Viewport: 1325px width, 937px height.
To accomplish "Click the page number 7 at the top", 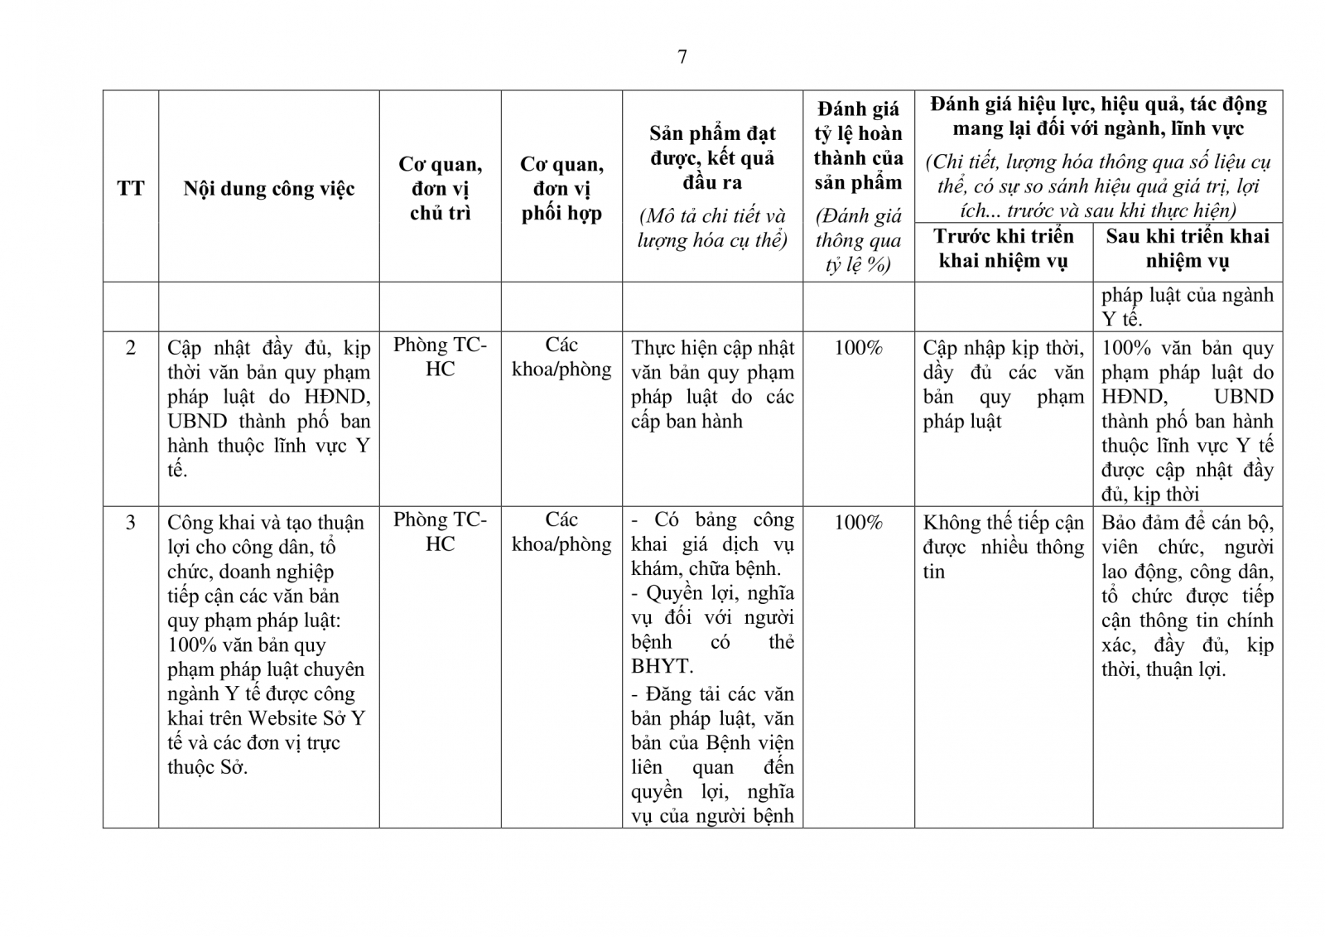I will [682, 57].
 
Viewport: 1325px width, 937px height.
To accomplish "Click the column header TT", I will [130, 188].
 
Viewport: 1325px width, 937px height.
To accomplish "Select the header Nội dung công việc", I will [268, 189].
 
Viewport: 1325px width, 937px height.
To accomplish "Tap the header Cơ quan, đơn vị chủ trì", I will [440, 189].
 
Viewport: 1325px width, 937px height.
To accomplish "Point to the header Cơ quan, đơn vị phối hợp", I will [561, 189].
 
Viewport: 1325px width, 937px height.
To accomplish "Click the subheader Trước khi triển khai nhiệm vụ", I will [1003, 249].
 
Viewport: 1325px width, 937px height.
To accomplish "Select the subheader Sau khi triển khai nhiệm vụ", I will [1187, 249].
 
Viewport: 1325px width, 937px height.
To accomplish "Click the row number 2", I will [130, 347].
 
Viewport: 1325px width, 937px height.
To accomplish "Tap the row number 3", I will [130, 523].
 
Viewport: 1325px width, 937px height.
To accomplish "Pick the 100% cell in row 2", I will [858, 348].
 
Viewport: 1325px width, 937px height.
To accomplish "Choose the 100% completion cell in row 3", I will [858, 523].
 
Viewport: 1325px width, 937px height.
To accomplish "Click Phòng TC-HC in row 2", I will [440, 357].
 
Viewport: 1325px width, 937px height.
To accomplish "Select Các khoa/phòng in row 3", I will [561, 532].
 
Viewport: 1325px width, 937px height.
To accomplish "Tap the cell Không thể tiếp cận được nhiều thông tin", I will [1003, 547].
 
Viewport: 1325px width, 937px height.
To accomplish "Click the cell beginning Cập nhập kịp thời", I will [1003, 384].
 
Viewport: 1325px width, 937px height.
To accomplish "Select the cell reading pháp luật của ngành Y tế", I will [1187, 307].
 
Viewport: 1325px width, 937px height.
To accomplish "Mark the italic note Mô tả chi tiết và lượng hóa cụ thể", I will [712, 229].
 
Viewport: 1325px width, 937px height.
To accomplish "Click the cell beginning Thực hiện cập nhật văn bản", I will [712, 384].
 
